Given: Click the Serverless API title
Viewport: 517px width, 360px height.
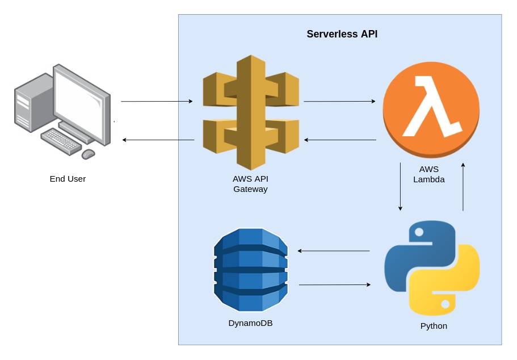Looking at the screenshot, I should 342,34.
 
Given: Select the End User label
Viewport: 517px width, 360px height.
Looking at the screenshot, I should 68,179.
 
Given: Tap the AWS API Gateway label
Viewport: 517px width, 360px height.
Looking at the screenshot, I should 250,184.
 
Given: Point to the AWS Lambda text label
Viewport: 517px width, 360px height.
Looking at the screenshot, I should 428,174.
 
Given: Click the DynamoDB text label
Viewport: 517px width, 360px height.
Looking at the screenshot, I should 250,323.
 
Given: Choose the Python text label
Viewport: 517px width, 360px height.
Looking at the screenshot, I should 434,326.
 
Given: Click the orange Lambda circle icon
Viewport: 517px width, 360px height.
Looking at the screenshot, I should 431,108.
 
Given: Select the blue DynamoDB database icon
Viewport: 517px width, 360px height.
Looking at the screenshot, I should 250,270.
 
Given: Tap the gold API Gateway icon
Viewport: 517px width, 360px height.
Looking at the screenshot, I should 251,112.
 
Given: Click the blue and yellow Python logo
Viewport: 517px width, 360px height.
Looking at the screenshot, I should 432,268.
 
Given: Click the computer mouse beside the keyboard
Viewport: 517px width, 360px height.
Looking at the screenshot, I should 88,154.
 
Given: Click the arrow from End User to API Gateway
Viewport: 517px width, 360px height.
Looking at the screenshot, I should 157,102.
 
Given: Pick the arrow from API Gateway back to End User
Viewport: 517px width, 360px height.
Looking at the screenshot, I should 158,140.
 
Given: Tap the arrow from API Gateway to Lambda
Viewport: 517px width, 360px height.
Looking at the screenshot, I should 339,102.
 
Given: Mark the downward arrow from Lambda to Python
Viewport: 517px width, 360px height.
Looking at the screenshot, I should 400,187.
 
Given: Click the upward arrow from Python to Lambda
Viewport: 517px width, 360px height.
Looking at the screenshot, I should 463,187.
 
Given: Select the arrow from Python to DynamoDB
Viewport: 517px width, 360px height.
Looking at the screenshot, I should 334,250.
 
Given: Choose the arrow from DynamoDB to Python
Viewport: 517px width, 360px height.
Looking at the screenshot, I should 334,284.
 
